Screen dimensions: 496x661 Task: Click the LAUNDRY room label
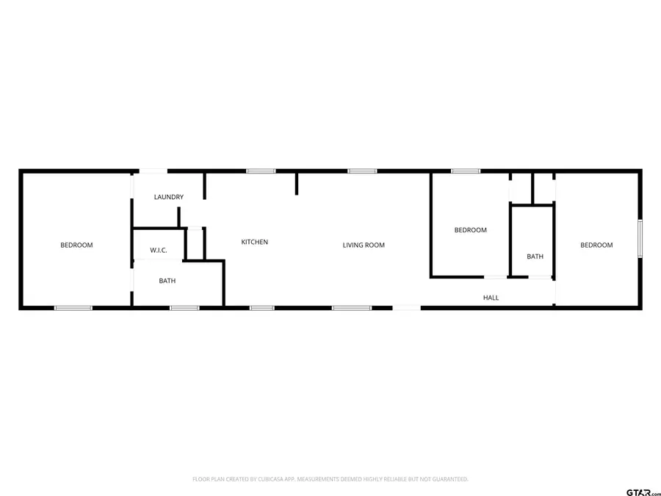(x=168, y=197)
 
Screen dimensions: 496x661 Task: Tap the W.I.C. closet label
(x=159, y=251)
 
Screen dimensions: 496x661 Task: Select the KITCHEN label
(x=255, y=242)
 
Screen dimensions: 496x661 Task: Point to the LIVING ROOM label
(x=364, y=245)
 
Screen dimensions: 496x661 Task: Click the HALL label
(x=491, y=298)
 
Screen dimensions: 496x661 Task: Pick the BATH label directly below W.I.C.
(x=167, y=281)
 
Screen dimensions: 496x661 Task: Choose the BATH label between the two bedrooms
(x=535, y=256)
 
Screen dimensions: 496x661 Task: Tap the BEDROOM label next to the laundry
(x=76, y=245)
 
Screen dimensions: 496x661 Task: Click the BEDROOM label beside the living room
(x=470, y=230)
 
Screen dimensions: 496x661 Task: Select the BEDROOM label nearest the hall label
(x=596, y=245)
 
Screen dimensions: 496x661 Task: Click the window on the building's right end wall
(x=640, y=238)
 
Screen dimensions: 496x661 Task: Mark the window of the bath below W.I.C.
(x=184, y=308)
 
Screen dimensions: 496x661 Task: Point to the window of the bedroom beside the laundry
(x=73, y=308)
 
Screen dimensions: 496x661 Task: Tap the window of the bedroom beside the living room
(x=466, y=171)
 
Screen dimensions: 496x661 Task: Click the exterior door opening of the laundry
(x=154, y=171)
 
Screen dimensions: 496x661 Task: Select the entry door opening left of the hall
(x=407, y=308)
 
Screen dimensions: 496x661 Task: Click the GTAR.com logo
(x=643, y=492)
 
